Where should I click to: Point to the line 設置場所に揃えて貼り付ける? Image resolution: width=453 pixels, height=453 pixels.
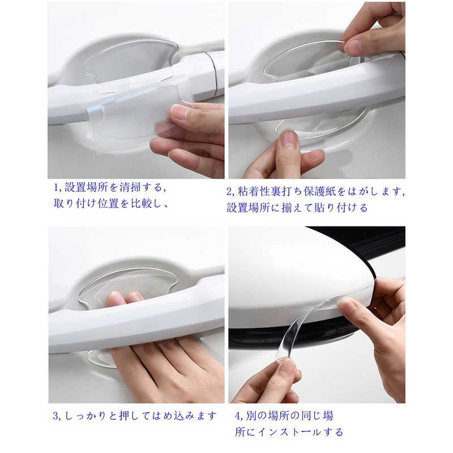[297, 208]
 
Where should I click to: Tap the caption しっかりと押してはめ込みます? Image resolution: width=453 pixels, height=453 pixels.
[139, 416]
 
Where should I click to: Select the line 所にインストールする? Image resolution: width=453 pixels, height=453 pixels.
[289, 432]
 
